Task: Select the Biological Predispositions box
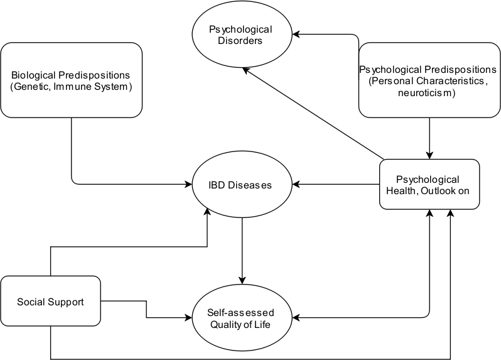click(x=71, y=80)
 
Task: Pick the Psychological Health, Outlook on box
click(x=429, y=184)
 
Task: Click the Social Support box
click(x=50, y=302)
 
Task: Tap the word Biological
click(x=38, y=75)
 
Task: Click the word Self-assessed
click(x=240, y=313)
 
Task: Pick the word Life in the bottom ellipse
click(x=264, y=325)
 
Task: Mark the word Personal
click(x=390, y=81)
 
